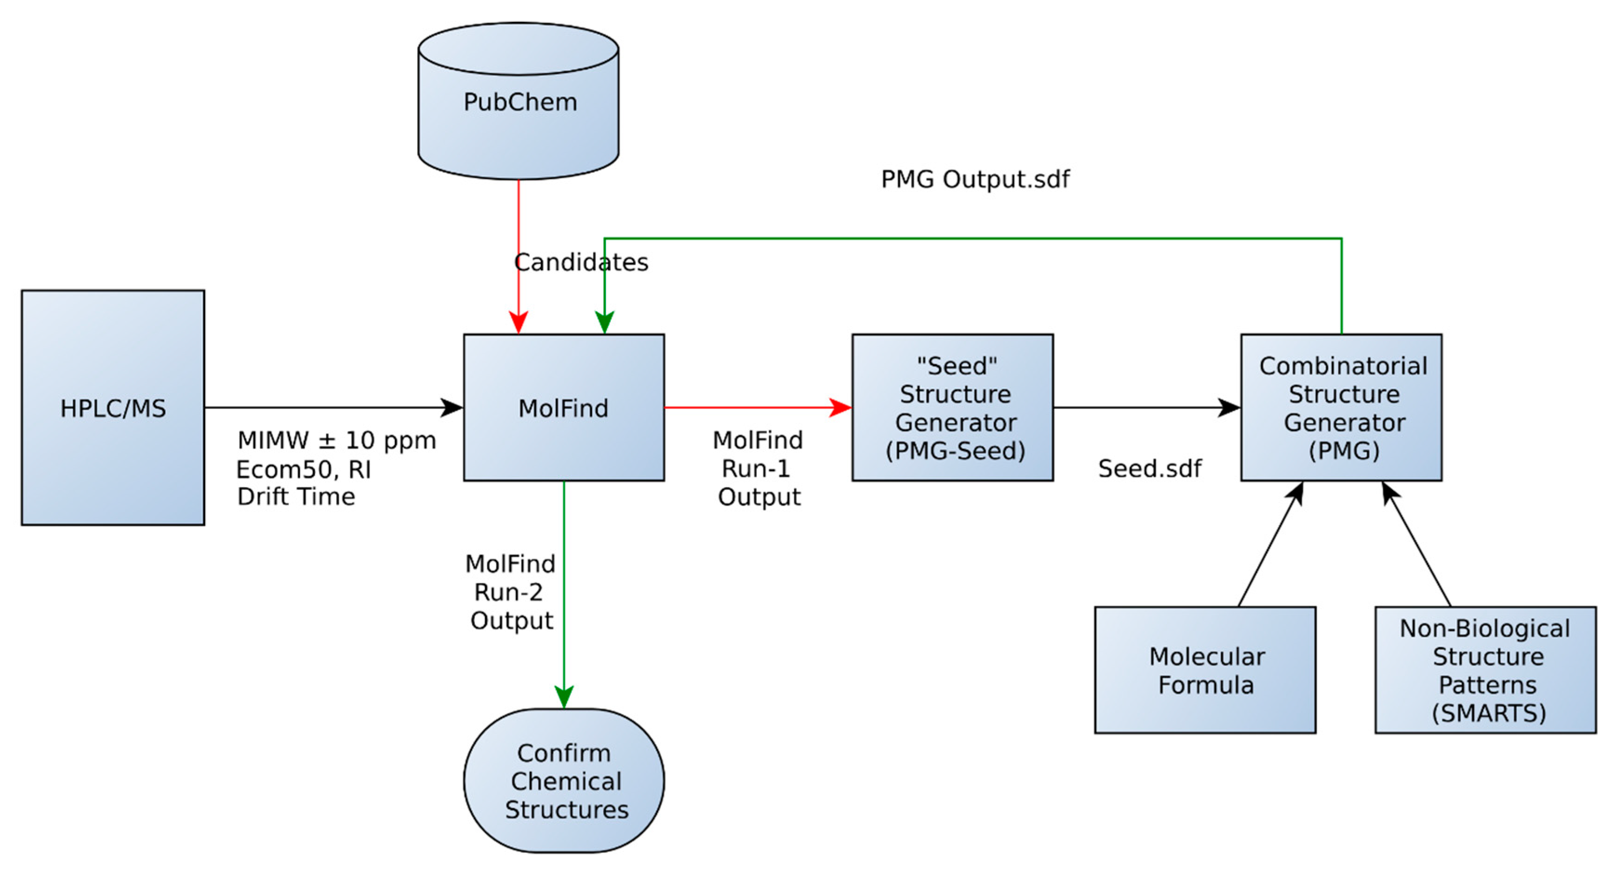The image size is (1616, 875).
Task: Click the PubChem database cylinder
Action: pos(518,102)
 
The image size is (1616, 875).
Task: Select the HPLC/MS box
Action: pos(113,407)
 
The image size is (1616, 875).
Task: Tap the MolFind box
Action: pos(563,407)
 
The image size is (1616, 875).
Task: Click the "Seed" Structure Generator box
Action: pos(952,407)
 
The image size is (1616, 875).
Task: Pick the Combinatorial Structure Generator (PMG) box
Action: pos(1341,407)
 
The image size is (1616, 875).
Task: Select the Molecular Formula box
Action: pos(1204,670)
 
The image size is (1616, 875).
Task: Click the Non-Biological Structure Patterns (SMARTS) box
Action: pos(1485,670)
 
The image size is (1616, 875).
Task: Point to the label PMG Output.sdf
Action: pos(975,180)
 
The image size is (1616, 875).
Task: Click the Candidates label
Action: pos(581,262)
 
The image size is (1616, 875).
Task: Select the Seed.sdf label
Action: pos(1149,469)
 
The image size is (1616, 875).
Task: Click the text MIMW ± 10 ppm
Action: pos(336,441)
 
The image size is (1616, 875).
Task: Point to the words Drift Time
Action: pos(296,496)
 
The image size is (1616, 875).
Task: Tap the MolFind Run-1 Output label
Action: pos(758,468)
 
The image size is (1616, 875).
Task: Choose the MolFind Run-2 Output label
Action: pos(510,592)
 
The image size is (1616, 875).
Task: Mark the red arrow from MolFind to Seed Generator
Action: pos(753,407)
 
